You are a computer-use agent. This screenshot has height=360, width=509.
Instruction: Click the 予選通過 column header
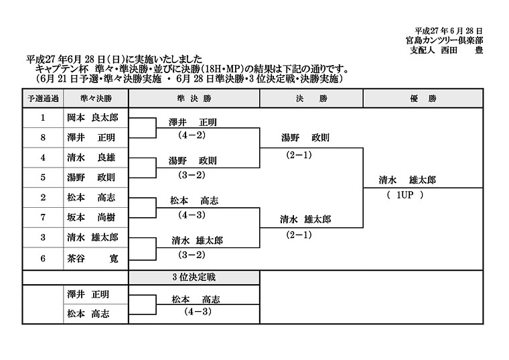[43, 99]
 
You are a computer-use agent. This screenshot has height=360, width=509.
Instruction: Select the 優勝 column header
[423, 99]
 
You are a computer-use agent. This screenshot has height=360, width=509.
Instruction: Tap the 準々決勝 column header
[96, 99]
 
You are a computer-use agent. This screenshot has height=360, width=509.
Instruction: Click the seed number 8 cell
[43, 137]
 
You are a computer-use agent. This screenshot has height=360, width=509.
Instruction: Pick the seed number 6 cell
[43, 258]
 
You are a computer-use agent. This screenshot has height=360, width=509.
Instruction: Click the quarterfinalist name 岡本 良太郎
[92, 117]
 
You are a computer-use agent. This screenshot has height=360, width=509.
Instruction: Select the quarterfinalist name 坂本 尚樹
[91, 217]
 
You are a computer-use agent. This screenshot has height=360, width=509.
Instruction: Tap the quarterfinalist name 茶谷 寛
[92, 258]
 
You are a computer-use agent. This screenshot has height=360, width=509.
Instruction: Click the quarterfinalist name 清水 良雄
[91, 158]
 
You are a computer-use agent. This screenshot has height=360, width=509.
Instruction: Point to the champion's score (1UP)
[405, 195]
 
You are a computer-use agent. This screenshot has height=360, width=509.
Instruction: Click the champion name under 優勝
[407, 180]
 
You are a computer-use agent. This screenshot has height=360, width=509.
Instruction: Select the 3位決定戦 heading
[194, 277]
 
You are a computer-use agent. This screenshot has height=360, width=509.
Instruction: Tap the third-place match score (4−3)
[198, 312]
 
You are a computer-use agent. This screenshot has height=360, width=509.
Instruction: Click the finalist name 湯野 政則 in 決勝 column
[305, 137]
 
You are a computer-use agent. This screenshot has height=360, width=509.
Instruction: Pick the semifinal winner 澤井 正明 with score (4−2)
[192, 123]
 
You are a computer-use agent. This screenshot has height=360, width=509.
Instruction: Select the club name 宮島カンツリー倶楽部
[444, 40]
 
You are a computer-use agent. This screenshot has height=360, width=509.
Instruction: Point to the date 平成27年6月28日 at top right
[449, 31]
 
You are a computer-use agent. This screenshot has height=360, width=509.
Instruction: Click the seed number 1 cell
[43, 117]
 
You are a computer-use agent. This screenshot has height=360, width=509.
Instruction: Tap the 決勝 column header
[311, 99]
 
